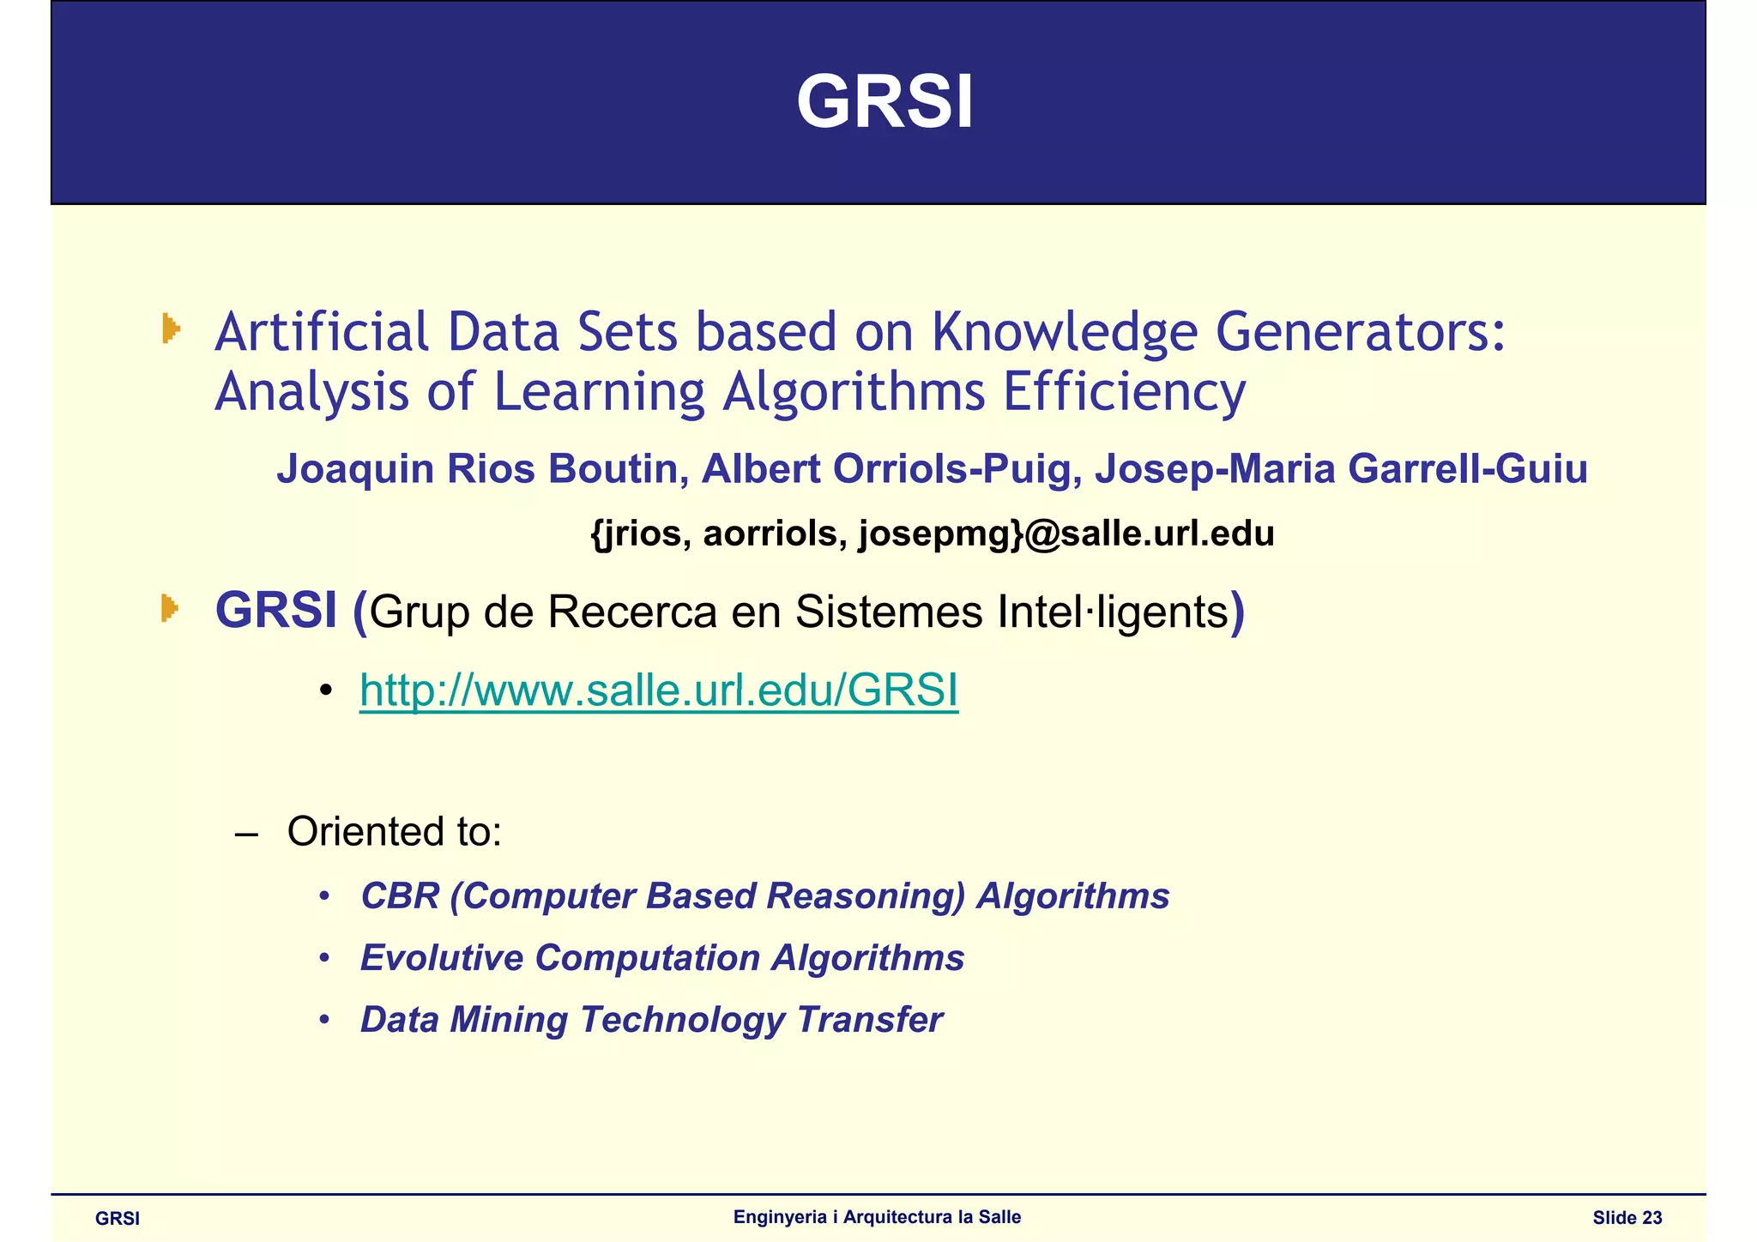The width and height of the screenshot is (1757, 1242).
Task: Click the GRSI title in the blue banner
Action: (x=885, y=103)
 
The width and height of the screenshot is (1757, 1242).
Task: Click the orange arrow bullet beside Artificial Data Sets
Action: (x=171, y=329)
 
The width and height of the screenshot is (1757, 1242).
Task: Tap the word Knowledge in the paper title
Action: (x=1064, y=333)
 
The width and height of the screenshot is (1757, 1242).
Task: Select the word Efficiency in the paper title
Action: (x=1124, y=393)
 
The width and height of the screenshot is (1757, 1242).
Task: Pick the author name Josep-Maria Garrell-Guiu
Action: (x=1340, y=469)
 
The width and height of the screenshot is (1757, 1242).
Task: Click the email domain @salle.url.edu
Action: (x=1150, y=534)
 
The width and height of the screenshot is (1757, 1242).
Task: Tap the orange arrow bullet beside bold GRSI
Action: (x=170, y=608)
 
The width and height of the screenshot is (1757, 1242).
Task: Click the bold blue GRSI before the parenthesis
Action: (x=275, y=611)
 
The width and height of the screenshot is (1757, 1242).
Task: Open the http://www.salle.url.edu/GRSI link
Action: (x=658, y=690)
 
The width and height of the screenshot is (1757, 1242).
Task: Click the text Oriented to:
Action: (x=394, y=831)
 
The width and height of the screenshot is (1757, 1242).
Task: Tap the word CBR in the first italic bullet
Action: (x=399, y=896)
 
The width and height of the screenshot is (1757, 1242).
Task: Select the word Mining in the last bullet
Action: (x=508, y=1020)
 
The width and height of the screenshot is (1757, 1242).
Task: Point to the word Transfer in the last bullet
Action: (x=869, y=1020)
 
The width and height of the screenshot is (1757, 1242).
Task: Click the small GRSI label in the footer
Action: (x=118, y=1219)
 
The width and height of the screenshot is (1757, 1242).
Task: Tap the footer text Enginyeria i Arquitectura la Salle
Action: (x=877, y=1217)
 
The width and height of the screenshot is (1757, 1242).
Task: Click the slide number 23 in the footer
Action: (x=1651, y=1218)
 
